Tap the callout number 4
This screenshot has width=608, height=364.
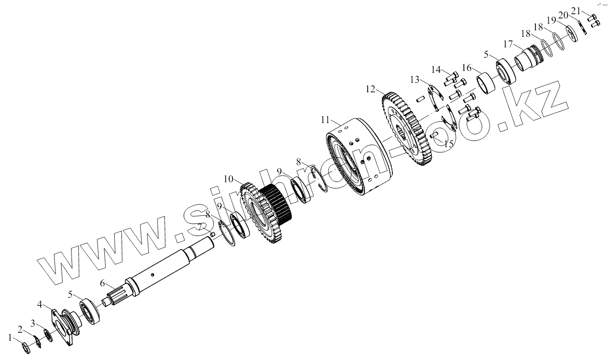[x=41, y=303]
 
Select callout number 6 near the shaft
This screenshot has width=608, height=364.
[x=103, y=283]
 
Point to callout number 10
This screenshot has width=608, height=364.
[x=229, y=179]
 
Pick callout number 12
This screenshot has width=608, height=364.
[x=370, y=89]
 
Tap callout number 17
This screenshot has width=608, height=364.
[x=508, y=44]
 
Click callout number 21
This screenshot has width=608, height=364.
[x=589, y=10]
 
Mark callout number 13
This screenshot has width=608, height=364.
[x=415, y=79]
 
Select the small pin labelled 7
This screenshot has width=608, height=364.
[x=214, y=233]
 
